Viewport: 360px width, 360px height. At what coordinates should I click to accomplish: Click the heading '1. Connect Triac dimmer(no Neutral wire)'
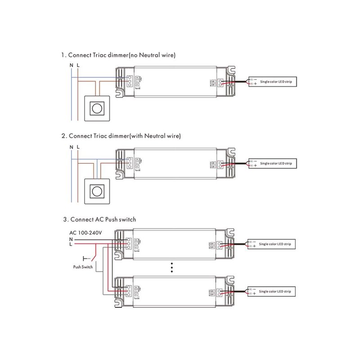coord(118,55)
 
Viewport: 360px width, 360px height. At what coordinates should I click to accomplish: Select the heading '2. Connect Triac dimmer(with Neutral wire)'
coord(121,135)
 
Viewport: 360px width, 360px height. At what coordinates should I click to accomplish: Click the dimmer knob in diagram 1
coord(96,108)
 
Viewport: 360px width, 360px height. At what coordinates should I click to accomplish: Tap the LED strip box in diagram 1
coord(273,81)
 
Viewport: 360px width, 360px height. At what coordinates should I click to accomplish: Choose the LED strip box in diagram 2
coord(273,163)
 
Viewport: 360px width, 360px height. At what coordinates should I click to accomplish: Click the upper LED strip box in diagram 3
coord(273,244)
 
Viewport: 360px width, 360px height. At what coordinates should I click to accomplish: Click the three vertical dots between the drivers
coord(171,268)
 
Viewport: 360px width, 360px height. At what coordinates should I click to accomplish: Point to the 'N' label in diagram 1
coord(71,66)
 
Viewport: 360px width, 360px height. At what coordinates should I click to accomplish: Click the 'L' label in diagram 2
coord(78,147)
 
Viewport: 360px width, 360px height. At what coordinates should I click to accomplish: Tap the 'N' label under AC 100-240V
coord(71,239)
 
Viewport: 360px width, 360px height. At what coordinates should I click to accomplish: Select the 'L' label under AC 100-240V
coord(71,244)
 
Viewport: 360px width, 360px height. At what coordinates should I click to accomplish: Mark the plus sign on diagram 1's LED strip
coord(255,84)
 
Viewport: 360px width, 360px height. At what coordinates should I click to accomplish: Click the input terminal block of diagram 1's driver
coord(130,81)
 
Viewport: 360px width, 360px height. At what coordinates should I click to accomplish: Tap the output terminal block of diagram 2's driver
coord(221,165)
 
